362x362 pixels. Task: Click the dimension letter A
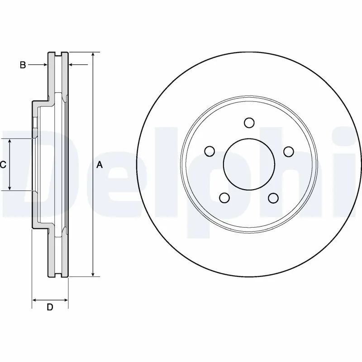100,165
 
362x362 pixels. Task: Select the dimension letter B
23,65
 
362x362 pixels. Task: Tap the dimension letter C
3,165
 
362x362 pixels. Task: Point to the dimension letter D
50,308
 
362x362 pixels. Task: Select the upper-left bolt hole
209,151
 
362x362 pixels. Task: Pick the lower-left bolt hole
224,197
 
